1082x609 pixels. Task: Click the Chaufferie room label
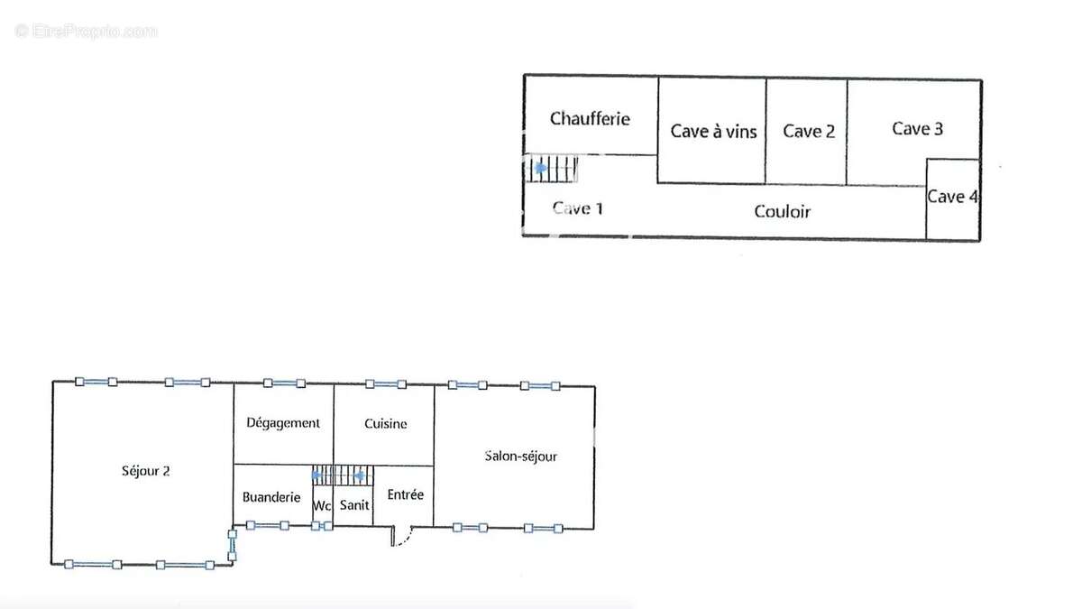[x=590, y=119]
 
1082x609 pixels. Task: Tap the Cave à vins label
[x=713, y=132]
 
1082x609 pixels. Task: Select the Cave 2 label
[x=809, y=131]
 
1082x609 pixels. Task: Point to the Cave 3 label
[x=917, y=128]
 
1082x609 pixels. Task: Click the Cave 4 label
[x=952, y=197]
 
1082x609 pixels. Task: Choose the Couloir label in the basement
[x=782, y=212]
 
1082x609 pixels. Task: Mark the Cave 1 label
[x=577, y=208]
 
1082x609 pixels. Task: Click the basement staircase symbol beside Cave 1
[x=551, y=169]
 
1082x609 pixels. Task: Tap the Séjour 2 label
[x=145, y=471]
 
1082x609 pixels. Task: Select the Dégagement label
[x=283, y=423]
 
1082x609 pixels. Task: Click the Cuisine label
[x=386, y=424]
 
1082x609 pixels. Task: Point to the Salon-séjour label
[x=521, y=457]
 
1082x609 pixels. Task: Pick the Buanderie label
[x=271, y=497]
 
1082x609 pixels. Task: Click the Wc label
[x=322, y=506]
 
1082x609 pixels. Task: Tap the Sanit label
[x=354, y=505]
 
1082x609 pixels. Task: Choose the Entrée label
[x=405, y=494]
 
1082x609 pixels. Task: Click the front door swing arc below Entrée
[x=408, y=539]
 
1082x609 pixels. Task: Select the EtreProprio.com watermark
[x=86, y=31]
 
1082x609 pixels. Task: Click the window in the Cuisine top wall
[x=386, y=384]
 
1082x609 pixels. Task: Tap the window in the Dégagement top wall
[x=284, y=383]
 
